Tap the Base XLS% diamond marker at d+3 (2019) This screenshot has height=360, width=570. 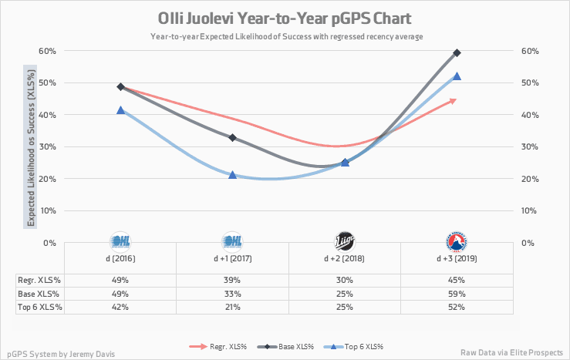(457, 52)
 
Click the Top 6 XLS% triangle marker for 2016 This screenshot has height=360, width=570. (121, 110)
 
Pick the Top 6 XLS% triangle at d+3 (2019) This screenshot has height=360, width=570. (457, 76)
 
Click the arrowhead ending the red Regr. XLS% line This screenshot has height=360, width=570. (454, 99)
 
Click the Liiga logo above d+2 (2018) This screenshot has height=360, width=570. (345, 241)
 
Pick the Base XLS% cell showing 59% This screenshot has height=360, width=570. (457, 294)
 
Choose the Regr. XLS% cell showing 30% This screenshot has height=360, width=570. (345, 280)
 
